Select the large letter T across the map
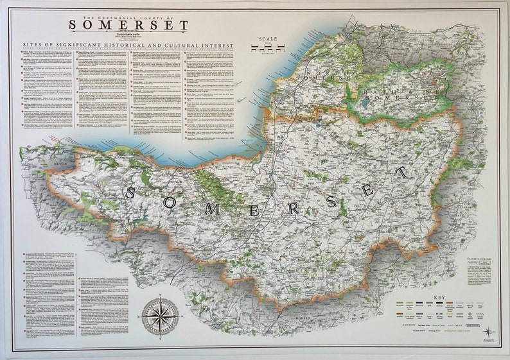click(x=402, y=171)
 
